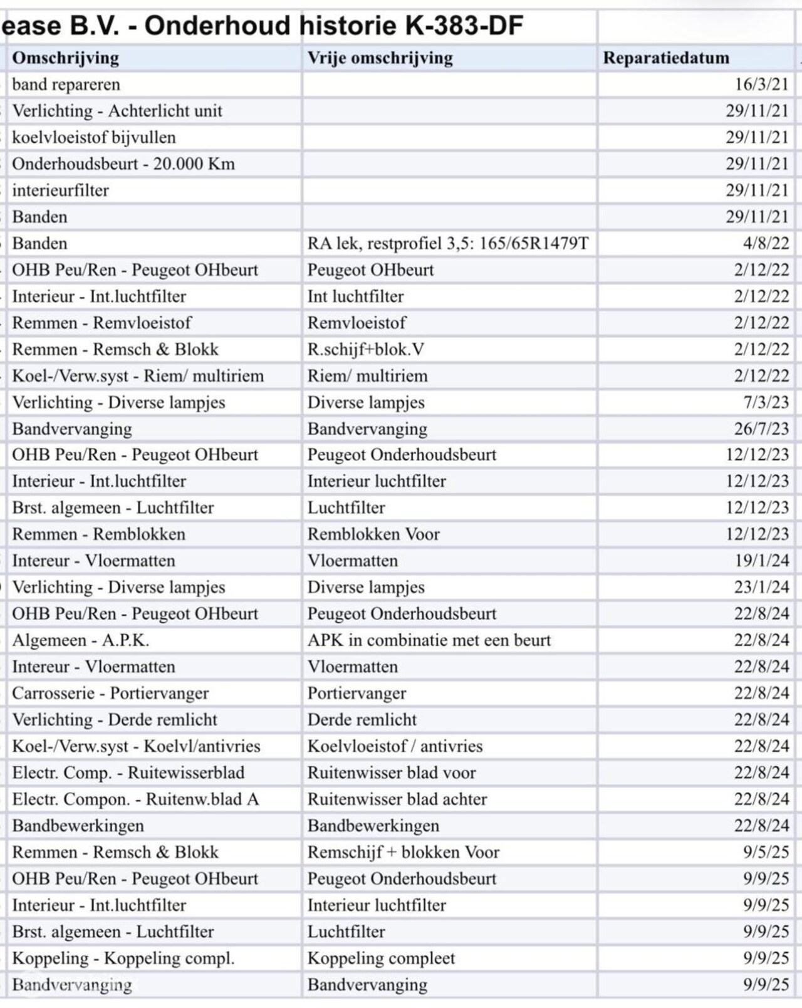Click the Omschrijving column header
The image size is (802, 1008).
coord(66,58)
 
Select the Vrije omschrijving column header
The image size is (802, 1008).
coord(380,58)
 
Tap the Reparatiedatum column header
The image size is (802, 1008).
coord(666,58)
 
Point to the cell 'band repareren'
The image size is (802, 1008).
coord(66,85)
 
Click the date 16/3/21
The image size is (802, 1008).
coord(761,85)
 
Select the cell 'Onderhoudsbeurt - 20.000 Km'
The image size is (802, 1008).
coord(123,164)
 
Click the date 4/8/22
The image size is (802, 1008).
coord(766,244)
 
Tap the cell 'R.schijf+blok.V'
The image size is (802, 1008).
coord(365,350)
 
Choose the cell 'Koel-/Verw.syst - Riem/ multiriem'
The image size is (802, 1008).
coord(138,376)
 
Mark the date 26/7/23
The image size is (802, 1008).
coord(761,429)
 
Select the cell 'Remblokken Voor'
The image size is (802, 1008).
coord(373,534)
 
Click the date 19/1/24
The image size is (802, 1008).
coord(761,561)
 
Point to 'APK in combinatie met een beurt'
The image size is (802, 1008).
coord(429,640)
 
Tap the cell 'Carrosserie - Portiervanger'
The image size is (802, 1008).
coord(110,694)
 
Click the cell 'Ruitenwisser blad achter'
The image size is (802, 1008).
coord(397,799)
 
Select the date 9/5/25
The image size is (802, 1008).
coord(766,852)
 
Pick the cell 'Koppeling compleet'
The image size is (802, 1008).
coord(381,959)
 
